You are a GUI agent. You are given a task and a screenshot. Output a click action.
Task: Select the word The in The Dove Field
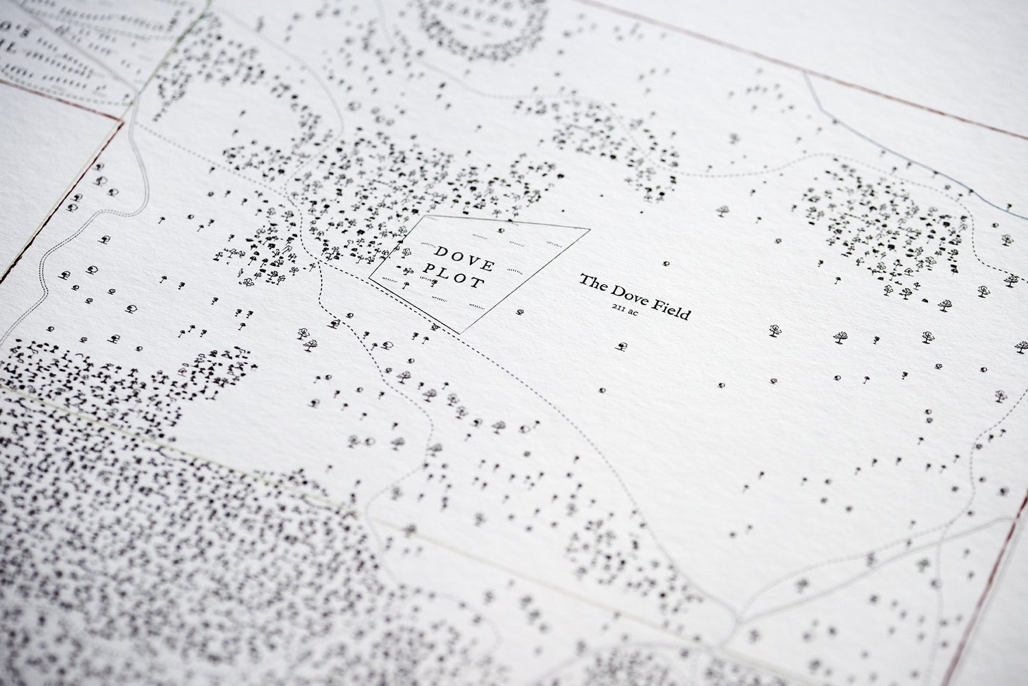592,282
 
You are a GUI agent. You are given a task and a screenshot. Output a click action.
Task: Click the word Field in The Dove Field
672,311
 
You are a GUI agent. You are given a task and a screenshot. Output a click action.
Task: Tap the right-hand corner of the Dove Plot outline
589,230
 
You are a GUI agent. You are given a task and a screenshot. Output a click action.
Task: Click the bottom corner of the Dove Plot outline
462,333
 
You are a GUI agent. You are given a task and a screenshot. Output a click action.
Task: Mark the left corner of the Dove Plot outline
370,278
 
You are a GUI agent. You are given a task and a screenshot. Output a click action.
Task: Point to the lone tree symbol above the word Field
668,263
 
